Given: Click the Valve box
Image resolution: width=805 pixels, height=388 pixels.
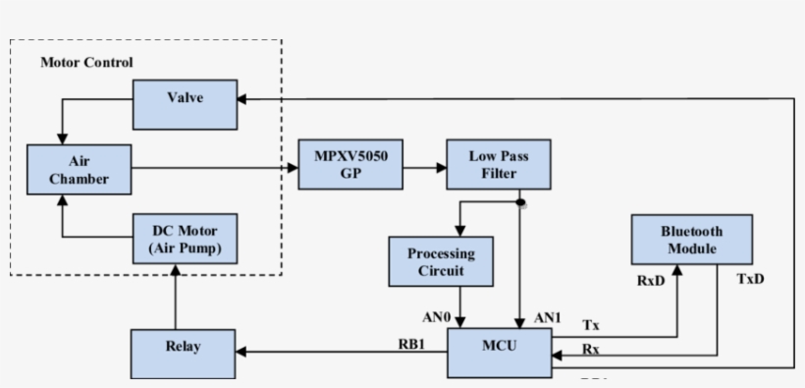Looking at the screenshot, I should click(184, 104).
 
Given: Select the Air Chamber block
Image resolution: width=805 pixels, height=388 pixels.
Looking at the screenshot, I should click(80, 169).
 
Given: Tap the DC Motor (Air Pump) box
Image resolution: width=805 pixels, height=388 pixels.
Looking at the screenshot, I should click(184, 240).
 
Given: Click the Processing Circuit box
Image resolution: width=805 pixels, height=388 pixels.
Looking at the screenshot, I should click(441, 261).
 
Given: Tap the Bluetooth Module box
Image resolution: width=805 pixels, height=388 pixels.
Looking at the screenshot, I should click(691, 240).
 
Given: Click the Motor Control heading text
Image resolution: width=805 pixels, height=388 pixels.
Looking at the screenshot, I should click(86, 62).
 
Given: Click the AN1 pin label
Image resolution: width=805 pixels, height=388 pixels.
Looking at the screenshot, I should click(546, 318).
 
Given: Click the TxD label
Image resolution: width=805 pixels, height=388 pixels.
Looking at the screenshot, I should click(750, 279).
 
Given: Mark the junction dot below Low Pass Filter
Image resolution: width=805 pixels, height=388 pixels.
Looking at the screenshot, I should click(520, 203).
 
